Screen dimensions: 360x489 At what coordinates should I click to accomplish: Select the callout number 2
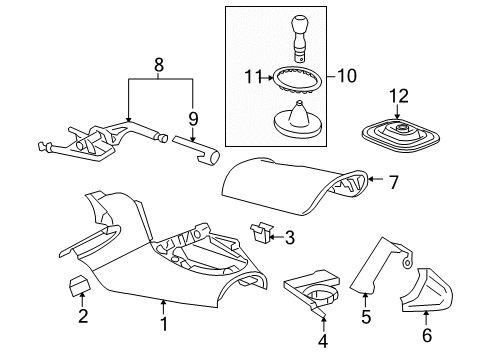[82, 318]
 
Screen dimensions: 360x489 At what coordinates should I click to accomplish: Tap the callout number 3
[289, 266]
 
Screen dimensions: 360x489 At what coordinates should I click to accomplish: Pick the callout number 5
[365, 319]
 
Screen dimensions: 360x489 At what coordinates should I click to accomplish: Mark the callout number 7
[393, 182]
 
